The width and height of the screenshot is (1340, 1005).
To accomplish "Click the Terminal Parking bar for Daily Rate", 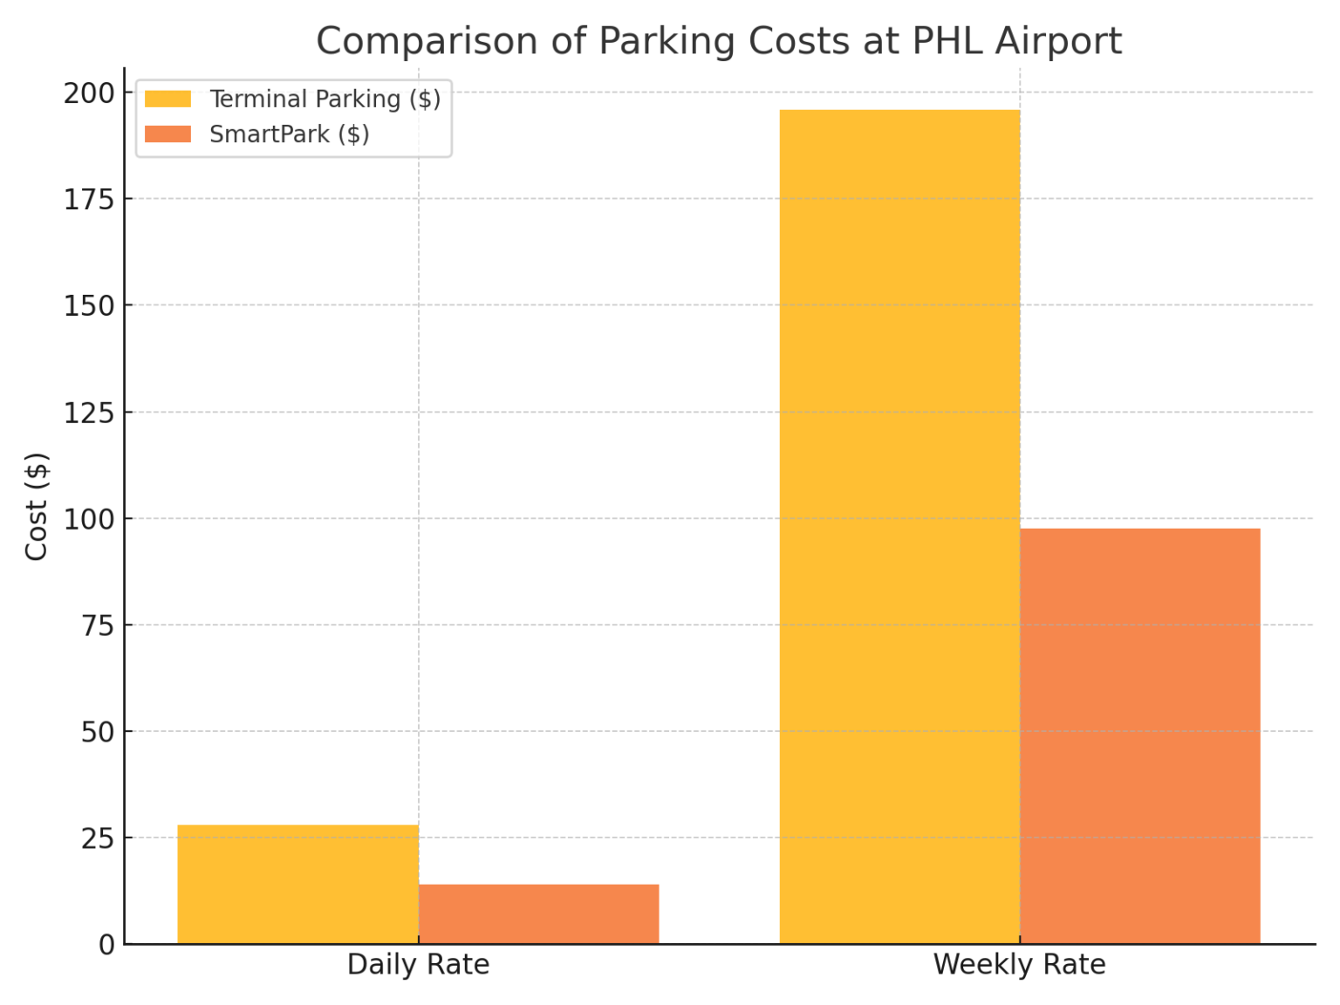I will pos(297,884).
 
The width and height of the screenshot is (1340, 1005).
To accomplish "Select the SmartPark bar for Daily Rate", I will pos(538,913).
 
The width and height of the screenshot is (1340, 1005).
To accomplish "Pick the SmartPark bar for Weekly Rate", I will pos(1139,735).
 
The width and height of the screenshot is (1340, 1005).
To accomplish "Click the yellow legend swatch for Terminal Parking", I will pos(167,99).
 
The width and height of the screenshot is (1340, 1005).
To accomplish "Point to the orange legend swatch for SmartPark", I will pos(167,134).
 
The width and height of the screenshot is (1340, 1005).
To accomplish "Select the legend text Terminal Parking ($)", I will pos(325,99).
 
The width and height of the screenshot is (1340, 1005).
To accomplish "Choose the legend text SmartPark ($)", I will pos(289,134).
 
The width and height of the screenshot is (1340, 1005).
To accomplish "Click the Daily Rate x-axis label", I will pos(418,965).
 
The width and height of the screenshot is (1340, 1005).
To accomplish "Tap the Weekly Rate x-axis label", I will pos(1019,965).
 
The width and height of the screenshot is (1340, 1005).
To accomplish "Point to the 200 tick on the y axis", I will pos(89,93).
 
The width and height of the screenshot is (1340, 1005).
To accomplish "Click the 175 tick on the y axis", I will pos(89,200).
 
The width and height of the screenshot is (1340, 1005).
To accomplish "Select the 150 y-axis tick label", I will pos(89,306).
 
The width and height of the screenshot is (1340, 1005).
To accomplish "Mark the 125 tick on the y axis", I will pos(89,413).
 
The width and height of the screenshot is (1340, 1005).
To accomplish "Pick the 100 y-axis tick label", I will pos(89,519).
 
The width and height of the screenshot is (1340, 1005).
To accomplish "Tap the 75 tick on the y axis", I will pos(98,626).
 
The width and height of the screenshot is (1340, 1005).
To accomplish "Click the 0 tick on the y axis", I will pos(106,945).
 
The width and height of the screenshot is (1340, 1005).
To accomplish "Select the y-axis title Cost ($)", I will pos(37,506).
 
